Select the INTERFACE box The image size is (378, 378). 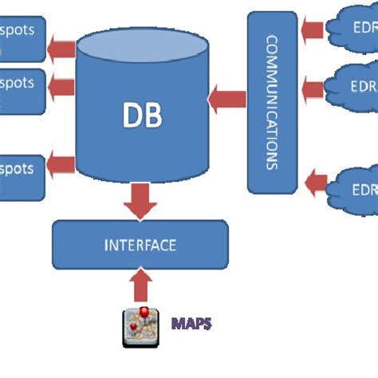pyautogui.click(x=140, y=245)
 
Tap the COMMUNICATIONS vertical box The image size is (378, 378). pyautogui.click(x=272, y=102)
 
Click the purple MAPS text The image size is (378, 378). pyautogui.click(x=192, y=324)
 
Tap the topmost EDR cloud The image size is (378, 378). pyautogui.click(x=351, y=28)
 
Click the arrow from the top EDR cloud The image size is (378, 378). pyautogui.click(x=313, y=30)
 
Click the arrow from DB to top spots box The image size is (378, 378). pyautogui.click(x=61, y=50)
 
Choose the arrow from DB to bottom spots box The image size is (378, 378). pyautogui.click(x=61, y=166)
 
